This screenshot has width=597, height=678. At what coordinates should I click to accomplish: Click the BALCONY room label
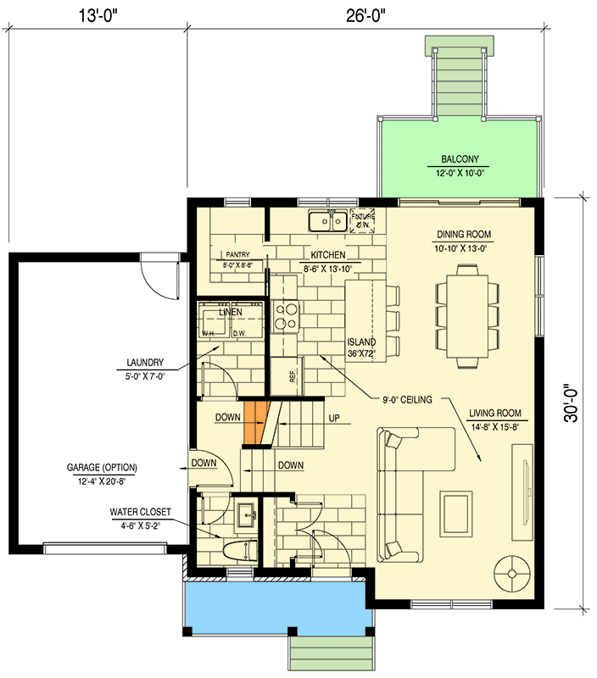(x=460, y=158)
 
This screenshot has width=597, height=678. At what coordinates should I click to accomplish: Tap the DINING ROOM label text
(x=464, y=235)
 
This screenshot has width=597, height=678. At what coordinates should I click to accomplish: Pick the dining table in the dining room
(x=464, y=314)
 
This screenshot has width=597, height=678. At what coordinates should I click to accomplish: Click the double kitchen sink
(x=327, y=222)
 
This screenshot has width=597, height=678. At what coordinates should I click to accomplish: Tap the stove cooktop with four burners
(x=287, y=316)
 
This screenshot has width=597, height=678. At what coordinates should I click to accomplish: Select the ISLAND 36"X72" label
(x=361, y=347)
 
